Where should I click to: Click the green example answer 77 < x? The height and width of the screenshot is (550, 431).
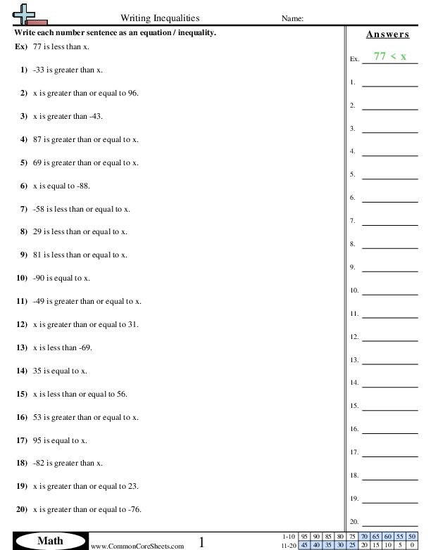pos(389,57)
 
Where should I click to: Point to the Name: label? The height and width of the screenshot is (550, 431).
pos(292,19)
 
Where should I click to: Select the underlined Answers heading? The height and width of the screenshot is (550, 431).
pos(388,34)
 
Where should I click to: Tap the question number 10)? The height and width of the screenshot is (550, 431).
pos(21,279)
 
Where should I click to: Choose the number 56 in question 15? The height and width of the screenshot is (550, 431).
pos(122,394)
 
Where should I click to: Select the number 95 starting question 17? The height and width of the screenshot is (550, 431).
pos(38,440)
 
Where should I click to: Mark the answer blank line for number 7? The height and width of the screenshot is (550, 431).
pos(389,224)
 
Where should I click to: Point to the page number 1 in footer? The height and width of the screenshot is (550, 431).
pos(202,542)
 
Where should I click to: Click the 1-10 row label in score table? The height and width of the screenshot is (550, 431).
pos(289,536)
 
